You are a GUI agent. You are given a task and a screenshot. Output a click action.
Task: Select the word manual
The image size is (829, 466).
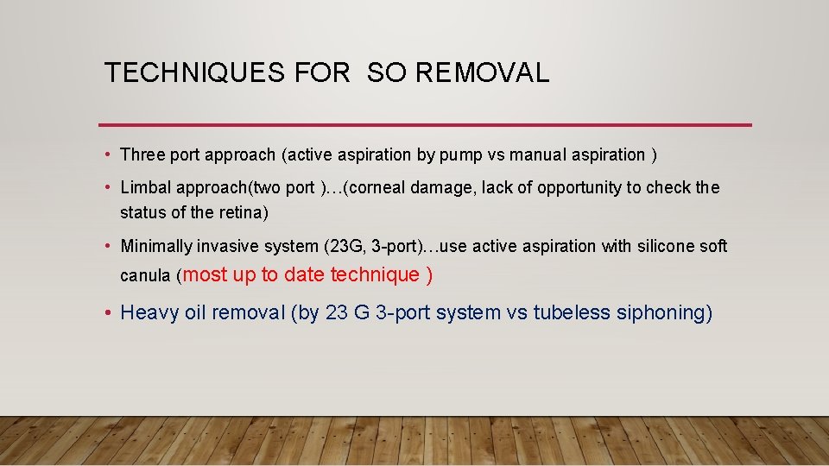tap(535, 155)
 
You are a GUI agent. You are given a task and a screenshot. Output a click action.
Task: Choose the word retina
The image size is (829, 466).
tap(243, 212)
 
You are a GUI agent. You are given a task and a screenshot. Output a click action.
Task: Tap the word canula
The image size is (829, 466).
tap(145, 277)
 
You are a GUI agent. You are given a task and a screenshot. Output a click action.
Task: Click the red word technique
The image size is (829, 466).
tap(375, 275)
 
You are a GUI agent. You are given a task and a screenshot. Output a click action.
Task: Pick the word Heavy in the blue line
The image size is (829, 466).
tap(150, 312)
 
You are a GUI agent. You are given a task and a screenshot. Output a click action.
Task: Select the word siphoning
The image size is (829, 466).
tap(664, 313)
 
